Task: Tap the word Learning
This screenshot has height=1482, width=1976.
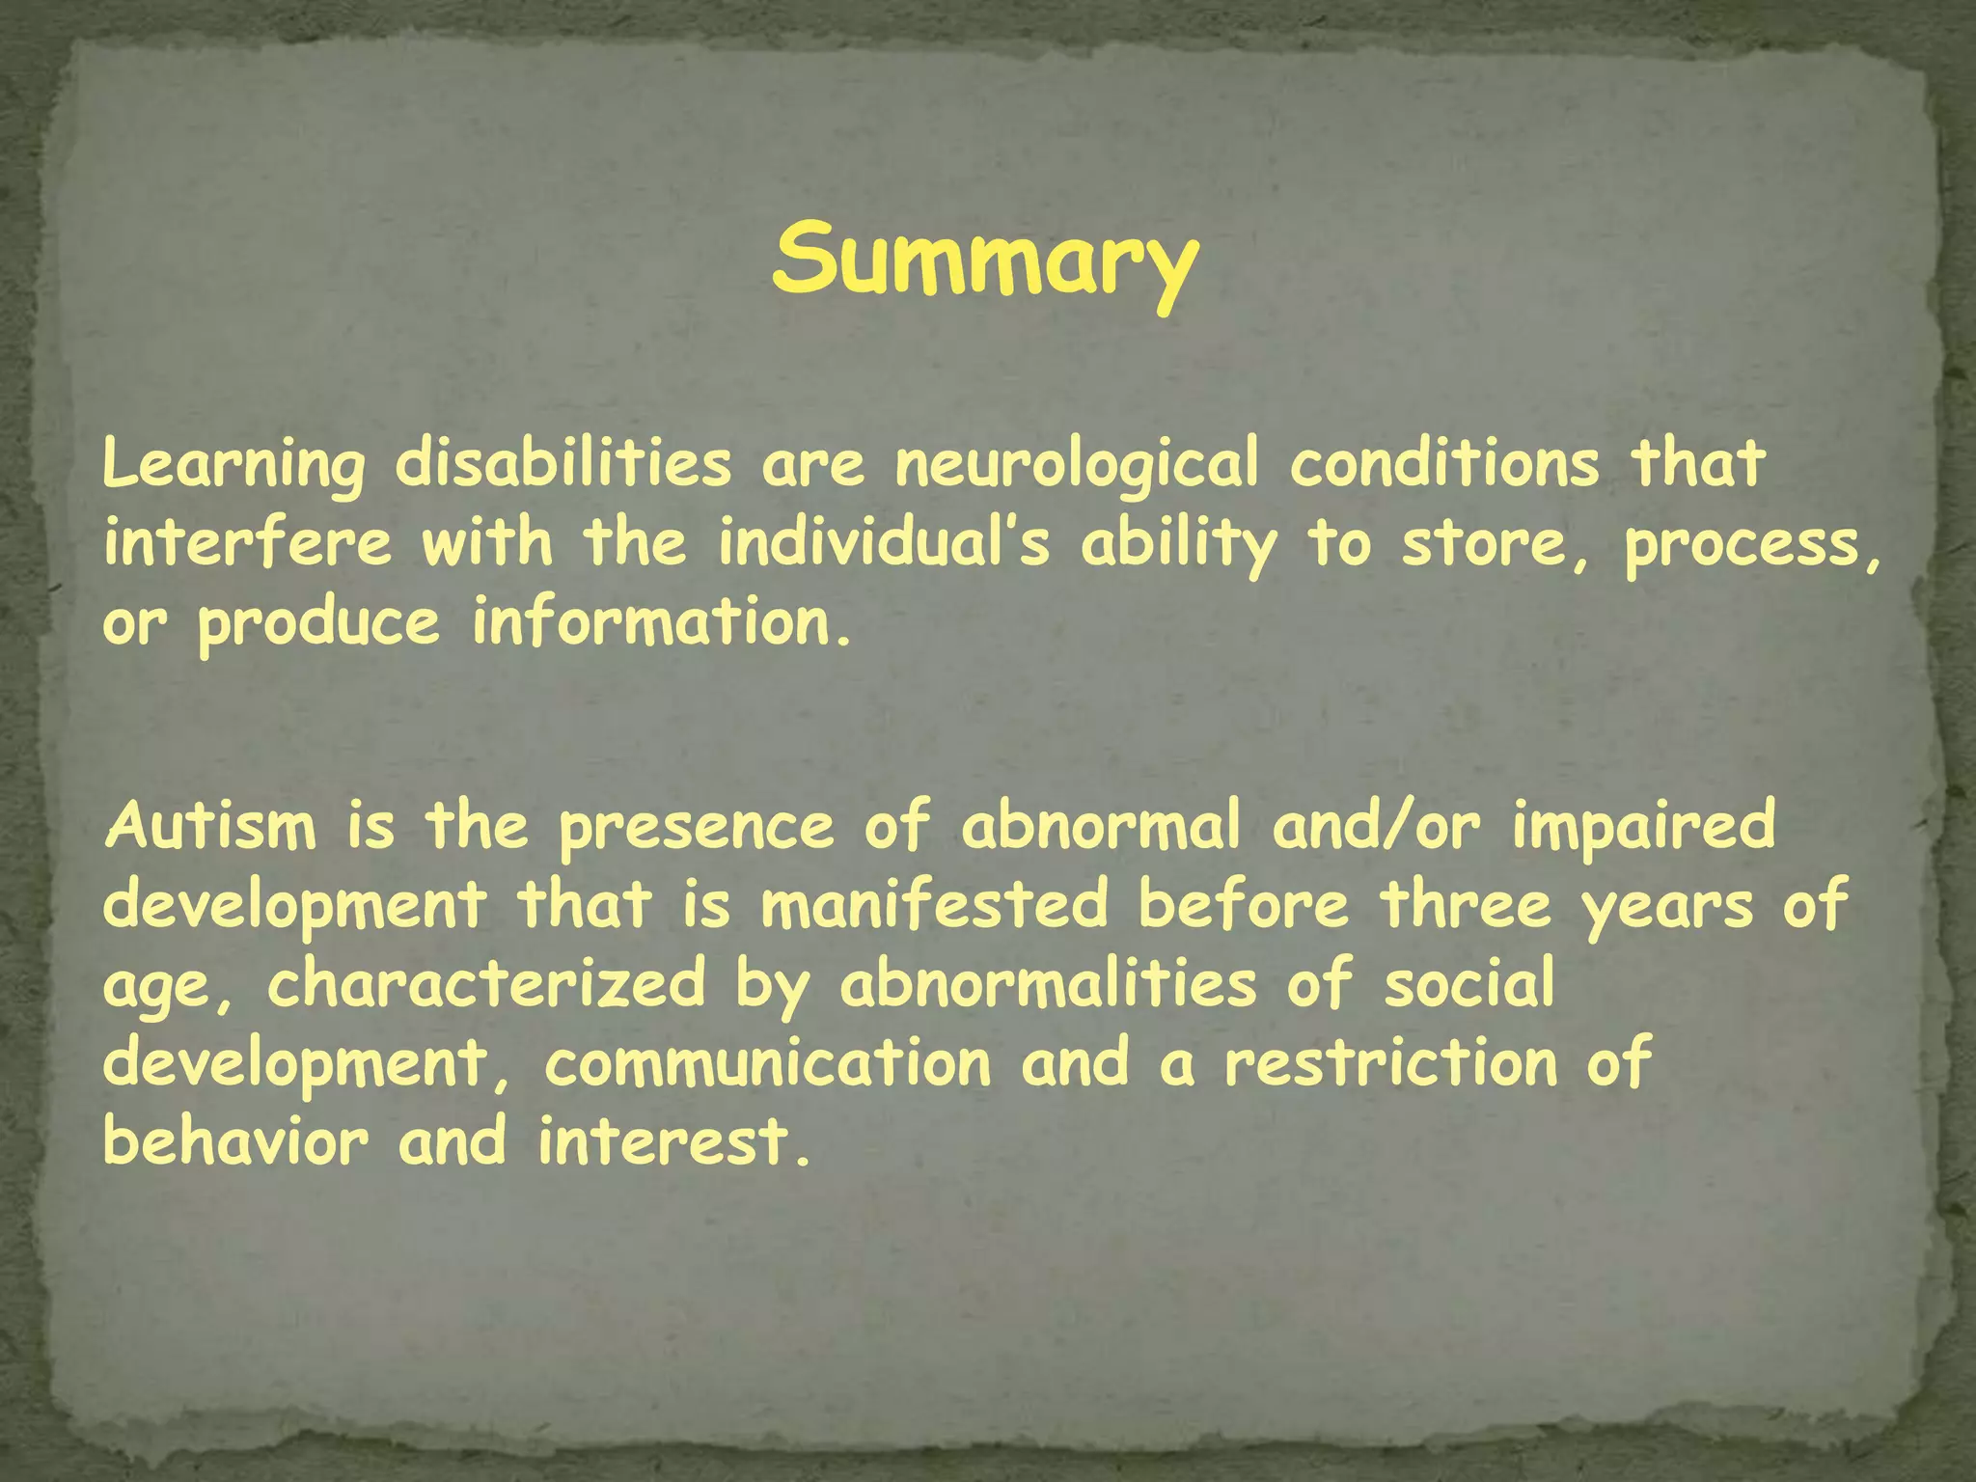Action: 233,465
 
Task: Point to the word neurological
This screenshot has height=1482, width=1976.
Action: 1077,465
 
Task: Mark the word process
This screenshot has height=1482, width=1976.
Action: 1752,545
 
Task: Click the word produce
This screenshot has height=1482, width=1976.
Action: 318,624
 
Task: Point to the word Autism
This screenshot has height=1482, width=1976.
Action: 210,828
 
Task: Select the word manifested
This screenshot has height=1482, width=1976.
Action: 934,906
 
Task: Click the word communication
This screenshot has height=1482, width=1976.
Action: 768,1064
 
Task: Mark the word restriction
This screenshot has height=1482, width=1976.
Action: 1390,1064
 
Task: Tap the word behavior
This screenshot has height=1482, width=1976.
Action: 235,1142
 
